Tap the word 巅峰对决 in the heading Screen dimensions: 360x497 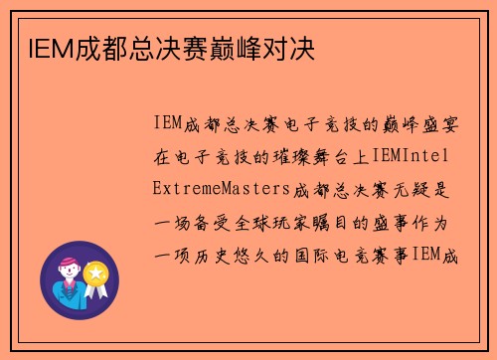[x=270, y=47]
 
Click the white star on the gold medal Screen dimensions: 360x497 [x=95, y=271]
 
